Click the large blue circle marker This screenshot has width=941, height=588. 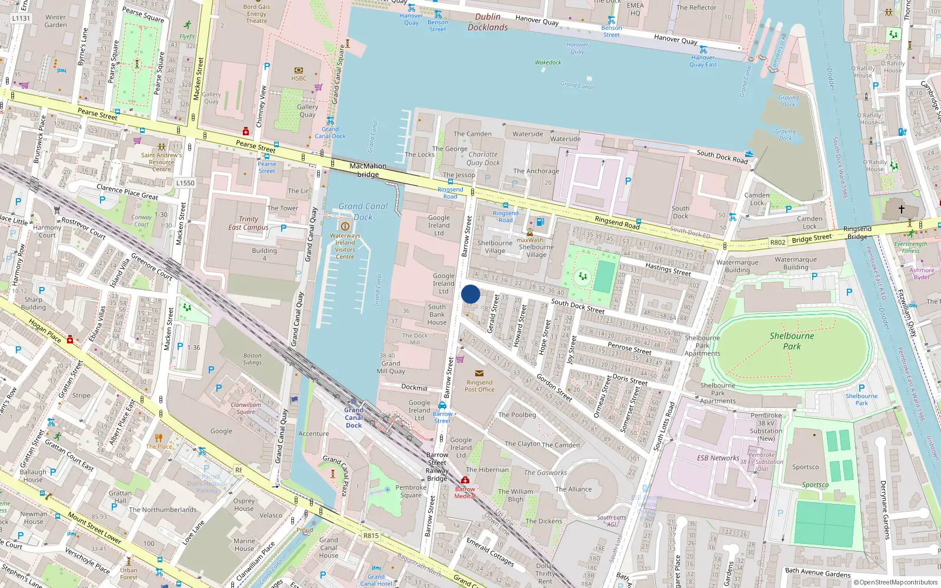(470, 294)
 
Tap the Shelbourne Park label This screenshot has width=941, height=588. (792, 341)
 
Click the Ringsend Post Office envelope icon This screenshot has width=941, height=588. (479, 373)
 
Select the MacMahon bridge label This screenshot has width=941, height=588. (368, 170)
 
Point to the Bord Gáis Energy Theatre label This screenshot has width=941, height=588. (256, 14)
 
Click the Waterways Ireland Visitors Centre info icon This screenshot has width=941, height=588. (345, 226)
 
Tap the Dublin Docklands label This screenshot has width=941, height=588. (488, 22)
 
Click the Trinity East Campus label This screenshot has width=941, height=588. (248, 223)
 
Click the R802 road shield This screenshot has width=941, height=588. (778, 242)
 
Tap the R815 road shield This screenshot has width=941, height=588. (371, 536)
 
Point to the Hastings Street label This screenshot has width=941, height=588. (668, 269)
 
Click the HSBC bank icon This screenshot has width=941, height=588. (299, 70)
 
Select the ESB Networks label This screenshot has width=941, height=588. (718, 458)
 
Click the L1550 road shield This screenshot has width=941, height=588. (185, 183)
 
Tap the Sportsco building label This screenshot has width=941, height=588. (805, 467)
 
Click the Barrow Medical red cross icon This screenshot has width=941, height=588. (465, 480)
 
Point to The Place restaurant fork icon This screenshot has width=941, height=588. (158, 437)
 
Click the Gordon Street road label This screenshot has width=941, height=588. (554, 387)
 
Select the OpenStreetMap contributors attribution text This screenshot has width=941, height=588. (895, 583)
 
